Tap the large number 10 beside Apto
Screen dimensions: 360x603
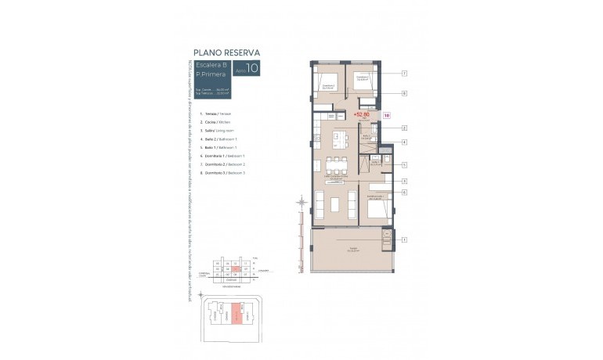click(x=252, y=69)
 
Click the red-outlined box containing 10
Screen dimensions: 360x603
click(x=386, y=115)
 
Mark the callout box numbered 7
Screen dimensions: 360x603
click(x=404, y=73)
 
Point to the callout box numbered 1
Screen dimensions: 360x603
click(x=404, y=239)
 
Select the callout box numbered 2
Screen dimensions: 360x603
click(x=404, y=128)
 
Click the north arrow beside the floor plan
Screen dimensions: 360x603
click(x=299, y=205)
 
